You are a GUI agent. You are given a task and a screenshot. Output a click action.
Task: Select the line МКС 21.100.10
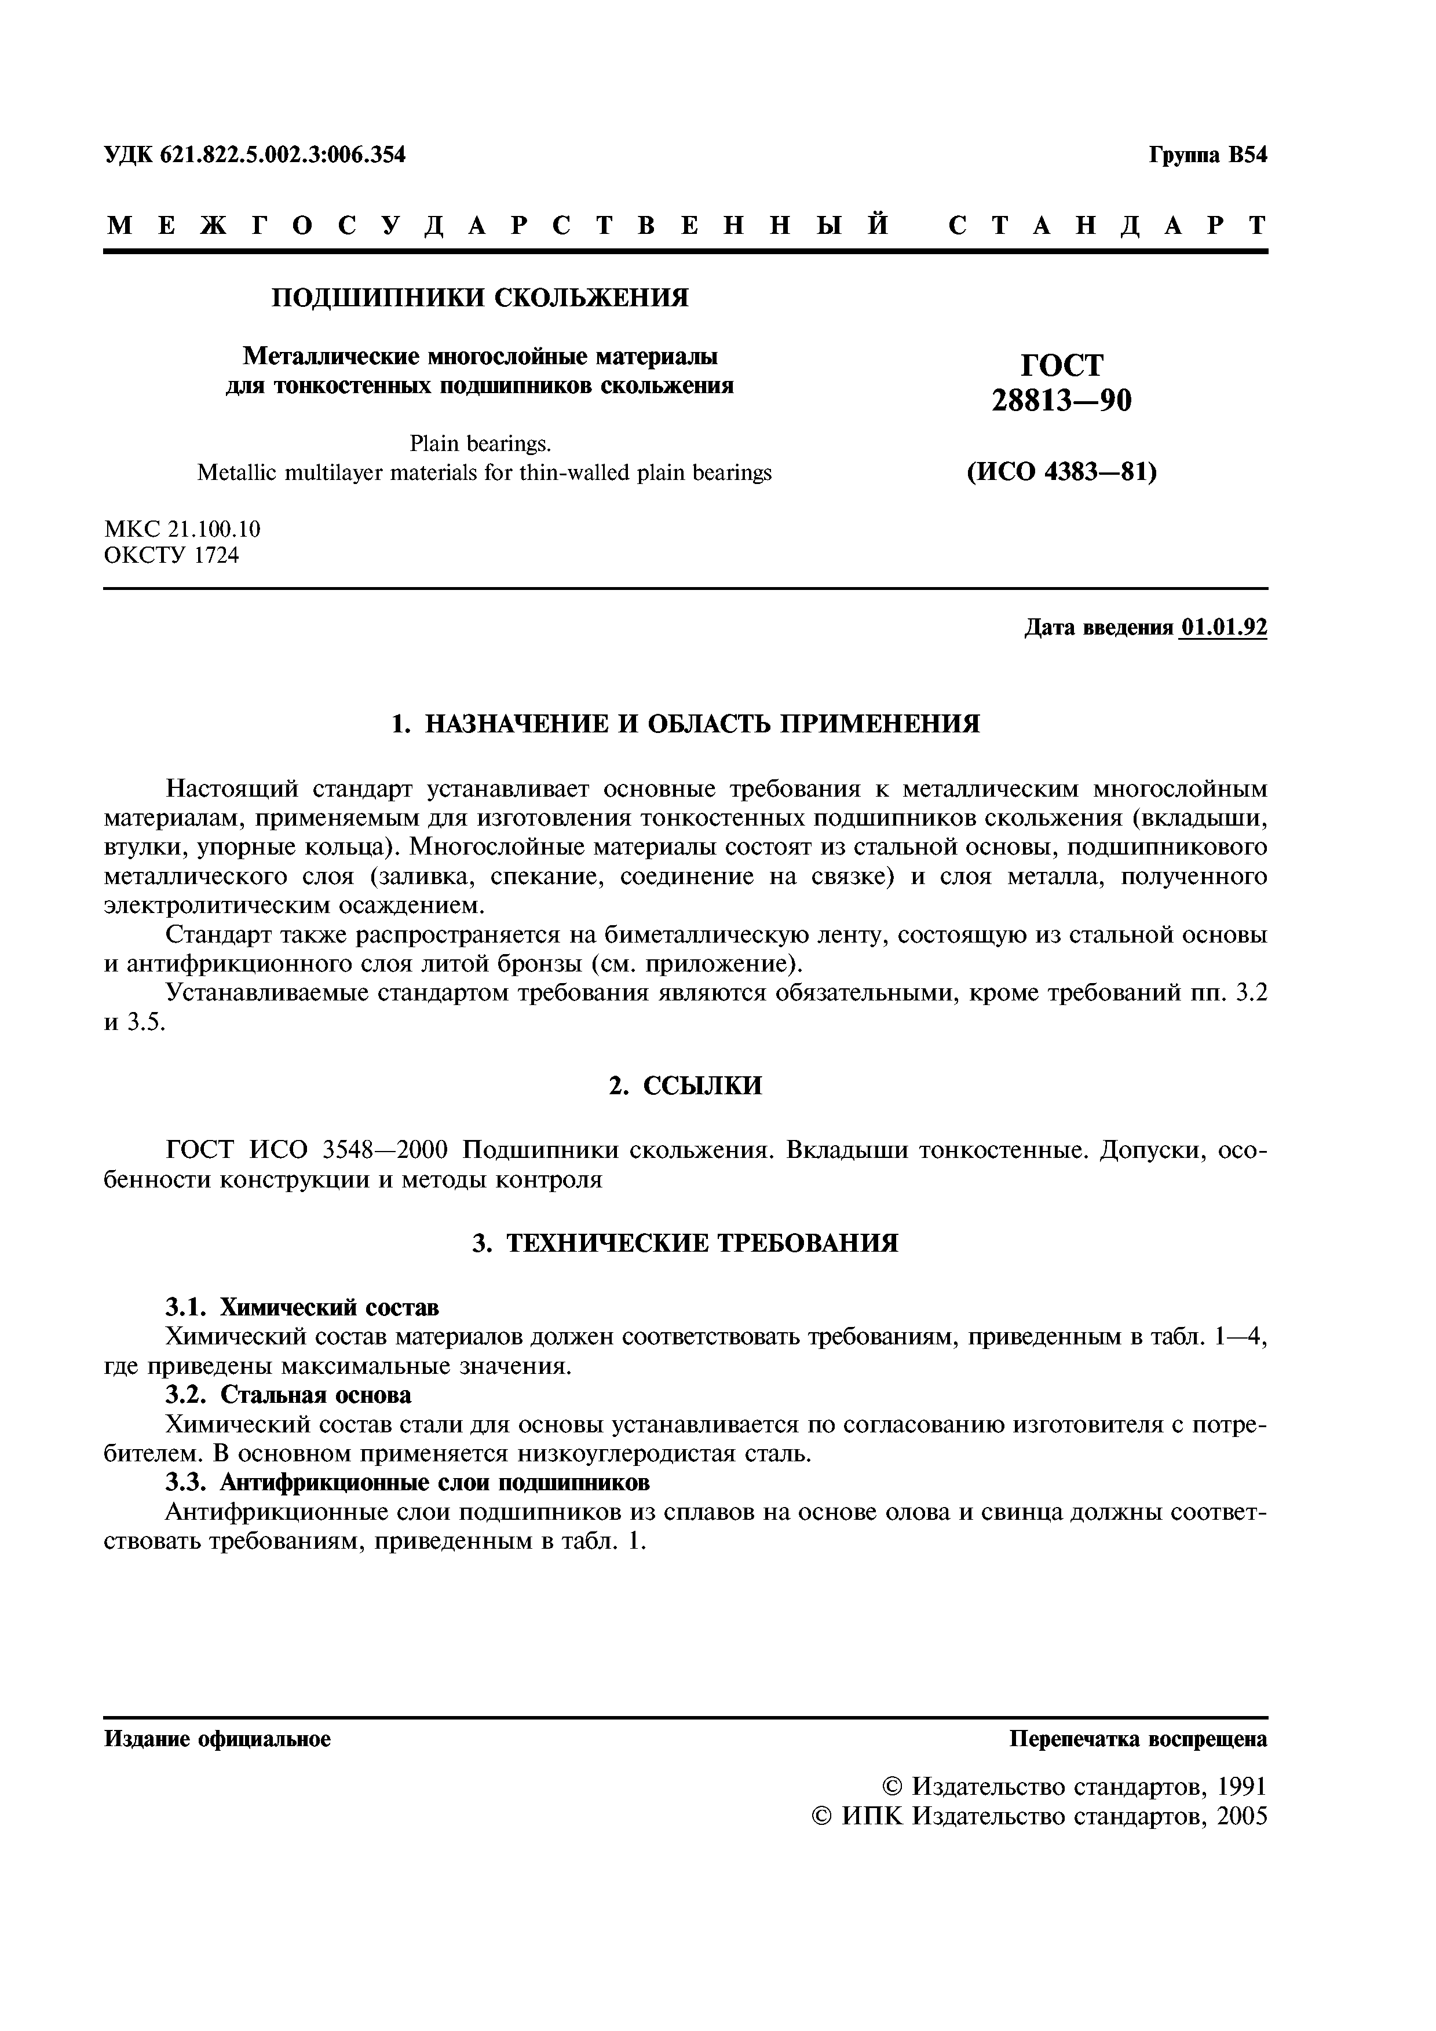[x=182, y=529]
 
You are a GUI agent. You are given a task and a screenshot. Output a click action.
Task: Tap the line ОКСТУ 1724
[x=171, y=556]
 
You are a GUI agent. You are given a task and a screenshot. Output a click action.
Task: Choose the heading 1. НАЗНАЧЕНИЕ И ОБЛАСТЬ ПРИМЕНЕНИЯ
[x=686, y=724]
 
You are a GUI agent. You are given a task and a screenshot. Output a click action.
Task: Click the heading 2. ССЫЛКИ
[x=686, y=1086]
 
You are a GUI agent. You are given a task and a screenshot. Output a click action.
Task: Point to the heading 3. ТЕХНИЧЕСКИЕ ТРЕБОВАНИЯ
[x=686, y=1243]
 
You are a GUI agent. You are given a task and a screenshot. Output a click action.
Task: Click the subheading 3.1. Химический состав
[x=302, y=1307]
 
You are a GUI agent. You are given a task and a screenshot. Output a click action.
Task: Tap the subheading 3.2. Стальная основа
[x=289, y=1395]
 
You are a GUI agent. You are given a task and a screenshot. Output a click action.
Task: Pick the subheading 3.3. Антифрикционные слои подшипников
[x=409, y=1482]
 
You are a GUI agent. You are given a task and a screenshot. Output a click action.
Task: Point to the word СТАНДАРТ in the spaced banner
[x=1108, y=226]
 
